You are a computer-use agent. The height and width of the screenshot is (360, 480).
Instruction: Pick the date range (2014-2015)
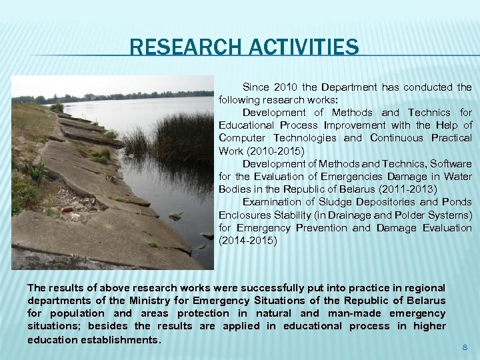click(x=248, y=241)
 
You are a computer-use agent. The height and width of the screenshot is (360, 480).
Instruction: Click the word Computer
click(x=241, y=138)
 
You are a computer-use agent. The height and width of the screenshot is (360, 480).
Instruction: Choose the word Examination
click(x=273, y=202)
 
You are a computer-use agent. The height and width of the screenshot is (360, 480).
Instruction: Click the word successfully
click(x=268, y=288)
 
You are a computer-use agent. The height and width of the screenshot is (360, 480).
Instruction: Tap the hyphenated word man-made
click(x=350, y=313)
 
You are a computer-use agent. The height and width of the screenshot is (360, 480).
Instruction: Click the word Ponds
click(x=457, y=202)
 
